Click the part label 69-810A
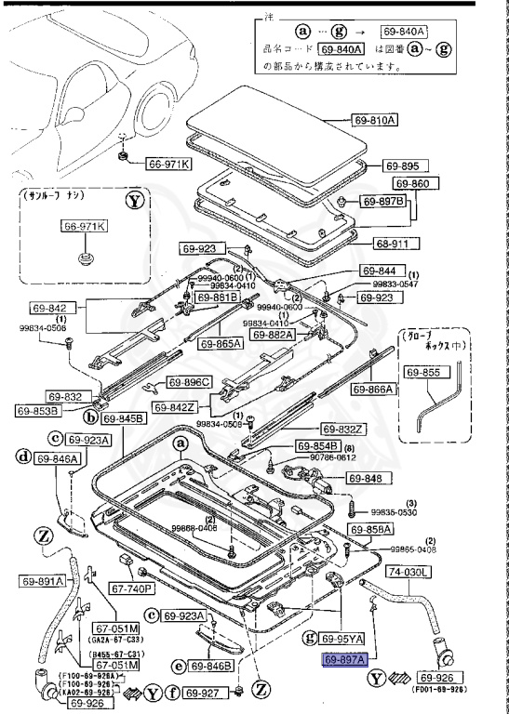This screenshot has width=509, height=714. coord(374,121)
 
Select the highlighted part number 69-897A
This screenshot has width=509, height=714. coord(346,659)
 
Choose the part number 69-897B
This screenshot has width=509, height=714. coord(383,201)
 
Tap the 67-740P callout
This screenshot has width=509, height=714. coord(132,588)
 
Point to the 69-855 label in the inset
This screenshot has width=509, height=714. coord(424,371)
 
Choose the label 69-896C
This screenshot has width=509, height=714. coord(190,382)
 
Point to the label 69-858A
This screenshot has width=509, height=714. coord(371,529)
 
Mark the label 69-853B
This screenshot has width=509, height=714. coord(37,410)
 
